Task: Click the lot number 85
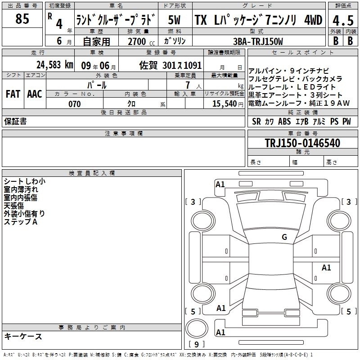[22, 18]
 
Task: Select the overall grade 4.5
[343, 21]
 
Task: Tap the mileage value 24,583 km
[54, 65]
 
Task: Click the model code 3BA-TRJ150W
[258, 41]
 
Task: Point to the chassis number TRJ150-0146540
[302, 143]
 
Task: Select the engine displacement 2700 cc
[141, 41]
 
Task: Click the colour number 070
[75, 104]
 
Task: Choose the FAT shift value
[13, 94]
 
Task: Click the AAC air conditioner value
[35, 94]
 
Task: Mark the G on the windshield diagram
[284, 237]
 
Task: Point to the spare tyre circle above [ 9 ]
[197, 328]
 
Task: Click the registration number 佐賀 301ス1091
[171, 65]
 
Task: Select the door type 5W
[174, 20]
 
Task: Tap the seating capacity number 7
[188, 85]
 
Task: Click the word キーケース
[23, 336]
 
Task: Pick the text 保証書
[15, 121]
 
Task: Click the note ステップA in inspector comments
[21, 222]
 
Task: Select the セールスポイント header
[302, 52]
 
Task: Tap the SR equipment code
[256, 121]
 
